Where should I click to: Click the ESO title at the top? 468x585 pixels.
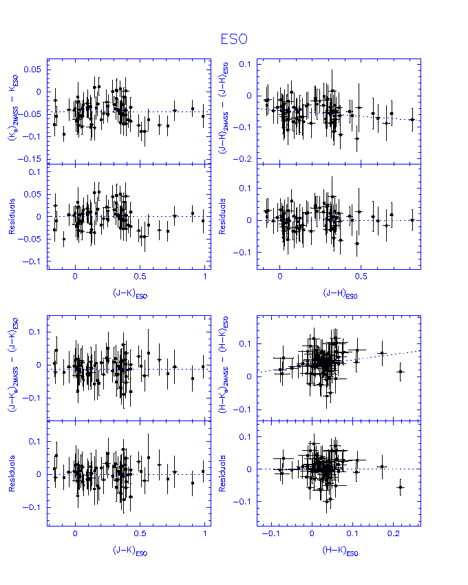click(234, 40)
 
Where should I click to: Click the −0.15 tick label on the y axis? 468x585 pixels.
click(32, 159)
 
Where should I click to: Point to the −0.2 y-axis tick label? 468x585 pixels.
click(244, 159)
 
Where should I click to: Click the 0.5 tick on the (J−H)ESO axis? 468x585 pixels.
click(361, 276)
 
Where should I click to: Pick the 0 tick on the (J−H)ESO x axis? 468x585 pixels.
click(280, 276)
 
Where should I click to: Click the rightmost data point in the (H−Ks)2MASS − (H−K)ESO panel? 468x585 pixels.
click(401, 372)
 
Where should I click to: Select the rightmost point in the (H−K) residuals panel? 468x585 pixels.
click(401, 487)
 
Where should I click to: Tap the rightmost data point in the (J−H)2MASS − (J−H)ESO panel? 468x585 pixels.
click(412, 119)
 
